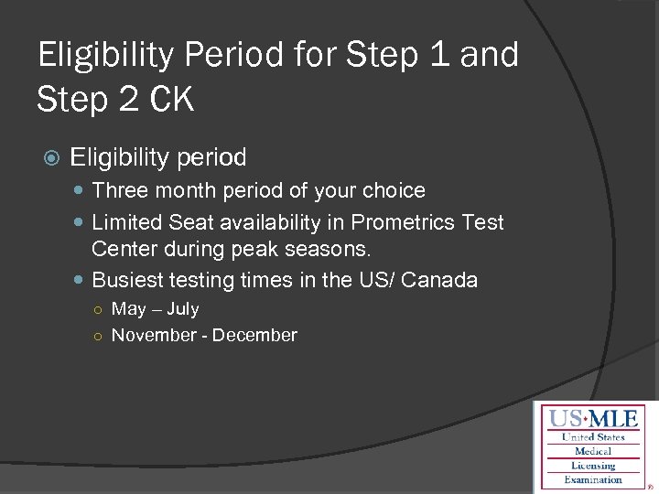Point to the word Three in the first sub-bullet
[x=117, y=191]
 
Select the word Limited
[x=127, y=222]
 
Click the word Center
[x=123, y=249]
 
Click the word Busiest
[x=128, y=280]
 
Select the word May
[x=128, y=310]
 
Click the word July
[x=182, y=309]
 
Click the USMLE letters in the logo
[x=594, y=420]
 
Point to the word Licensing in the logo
[x=593, y=466]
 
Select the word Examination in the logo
[x=593, y=479]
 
